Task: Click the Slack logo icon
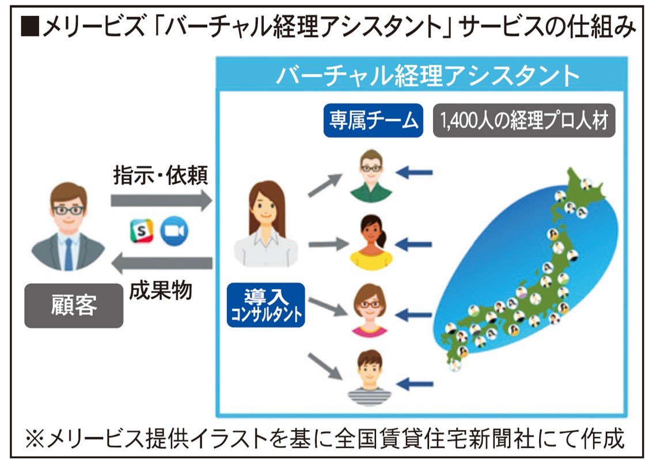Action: (141, 231)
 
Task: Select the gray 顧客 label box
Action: (74, 305)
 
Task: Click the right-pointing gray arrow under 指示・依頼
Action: (161, 200)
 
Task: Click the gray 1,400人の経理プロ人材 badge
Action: (524, 121)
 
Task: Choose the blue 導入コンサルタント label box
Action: (265, 305)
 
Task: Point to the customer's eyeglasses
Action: (68, 210)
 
